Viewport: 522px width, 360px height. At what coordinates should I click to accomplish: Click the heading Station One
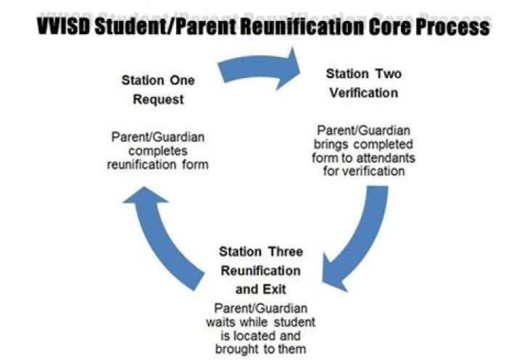[x=157, y=80]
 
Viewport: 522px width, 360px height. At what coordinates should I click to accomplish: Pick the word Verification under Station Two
[x=363, y=93]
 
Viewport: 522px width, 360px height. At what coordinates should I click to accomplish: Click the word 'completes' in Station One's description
[x=159, y=151]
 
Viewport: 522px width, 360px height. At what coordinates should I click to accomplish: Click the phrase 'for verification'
[x=362, y=172]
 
